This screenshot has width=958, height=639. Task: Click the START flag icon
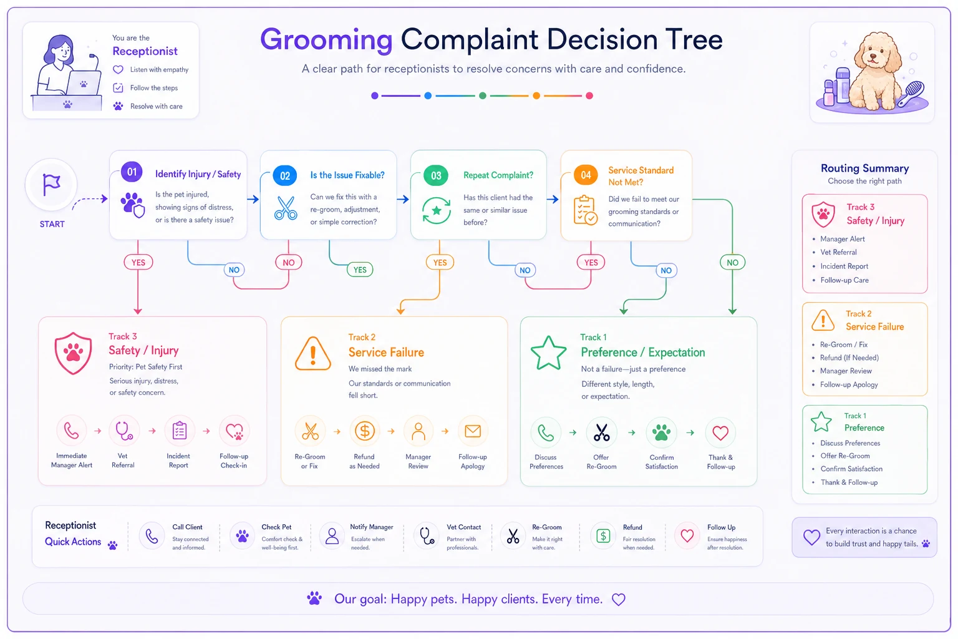click(x=51, y=185)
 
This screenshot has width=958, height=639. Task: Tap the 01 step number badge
click(x=132, y=172)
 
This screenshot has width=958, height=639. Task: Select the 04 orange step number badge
click(x=586, y=175)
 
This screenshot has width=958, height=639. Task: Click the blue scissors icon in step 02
click(x=286, y=208)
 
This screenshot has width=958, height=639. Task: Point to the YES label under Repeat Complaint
click(x=440, y=262)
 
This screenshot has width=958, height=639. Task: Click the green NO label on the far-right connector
click(x=732, y=262)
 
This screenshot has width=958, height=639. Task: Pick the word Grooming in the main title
click(x=326, y=40)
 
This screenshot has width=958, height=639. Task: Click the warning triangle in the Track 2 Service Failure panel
click(x=312, y=354)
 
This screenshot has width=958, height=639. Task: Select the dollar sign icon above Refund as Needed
click(x=364, y=431)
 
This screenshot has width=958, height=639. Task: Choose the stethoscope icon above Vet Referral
click(x=123, y=431)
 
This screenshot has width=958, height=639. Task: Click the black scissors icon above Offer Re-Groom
click(x=601, y=432)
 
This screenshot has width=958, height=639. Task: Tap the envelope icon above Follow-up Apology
click(x=473, y=431)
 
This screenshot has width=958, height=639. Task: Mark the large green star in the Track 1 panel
click(x=548, y=353)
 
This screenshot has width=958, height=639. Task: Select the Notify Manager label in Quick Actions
click(x=371, y=527)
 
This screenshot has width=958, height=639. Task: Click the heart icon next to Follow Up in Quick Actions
click(x=687, y=535)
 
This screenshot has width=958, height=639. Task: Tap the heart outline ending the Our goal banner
click(x=619, y=599)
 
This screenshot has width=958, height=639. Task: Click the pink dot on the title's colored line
click(x=589, y=95)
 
